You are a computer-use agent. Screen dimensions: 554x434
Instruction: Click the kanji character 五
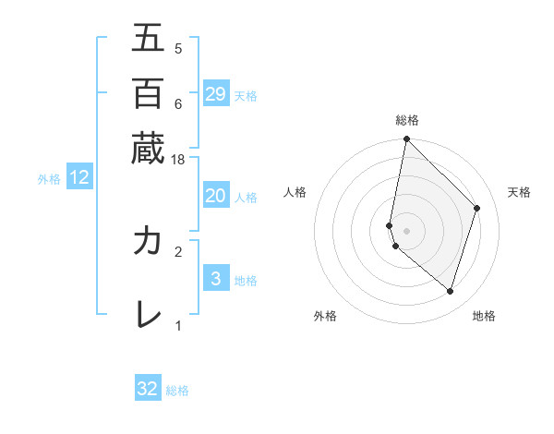click(148, 38)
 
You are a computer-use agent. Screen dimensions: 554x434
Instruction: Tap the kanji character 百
click(148, 92)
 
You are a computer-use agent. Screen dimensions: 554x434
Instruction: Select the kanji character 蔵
click(148, 148)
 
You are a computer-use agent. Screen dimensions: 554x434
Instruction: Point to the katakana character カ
click(148, 241)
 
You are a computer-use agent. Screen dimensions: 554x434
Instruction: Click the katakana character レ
click(148, 315)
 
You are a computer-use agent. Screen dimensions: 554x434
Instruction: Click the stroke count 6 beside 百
click(178, 103)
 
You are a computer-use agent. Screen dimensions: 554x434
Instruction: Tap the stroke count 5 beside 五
click(178, 49)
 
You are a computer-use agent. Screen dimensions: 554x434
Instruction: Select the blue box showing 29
click(216, 94)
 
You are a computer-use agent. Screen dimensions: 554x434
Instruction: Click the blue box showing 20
click(216, 196)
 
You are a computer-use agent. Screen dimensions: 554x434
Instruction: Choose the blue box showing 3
click(216, 279)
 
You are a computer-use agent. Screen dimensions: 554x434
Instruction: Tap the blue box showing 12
click(79, 178)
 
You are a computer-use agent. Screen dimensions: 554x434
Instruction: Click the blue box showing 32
click(148, 389)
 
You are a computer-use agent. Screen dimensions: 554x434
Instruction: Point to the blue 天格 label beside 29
click(246, 95)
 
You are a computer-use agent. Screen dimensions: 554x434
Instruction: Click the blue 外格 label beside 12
click(49, 179)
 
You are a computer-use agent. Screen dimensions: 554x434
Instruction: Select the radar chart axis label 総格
click(406, 120)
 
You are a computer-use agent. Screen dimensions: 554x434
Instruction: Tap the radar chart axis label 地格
click(484, 316)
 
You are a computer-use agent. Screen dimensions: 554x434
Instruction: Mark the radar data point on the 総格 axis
click(406, 139)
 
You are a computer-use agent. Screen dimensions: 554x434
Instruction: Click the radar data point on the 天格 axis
click(477, 208)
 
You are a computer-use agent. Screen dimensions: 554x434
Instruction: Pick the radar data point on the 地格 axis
click(450, 291)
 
